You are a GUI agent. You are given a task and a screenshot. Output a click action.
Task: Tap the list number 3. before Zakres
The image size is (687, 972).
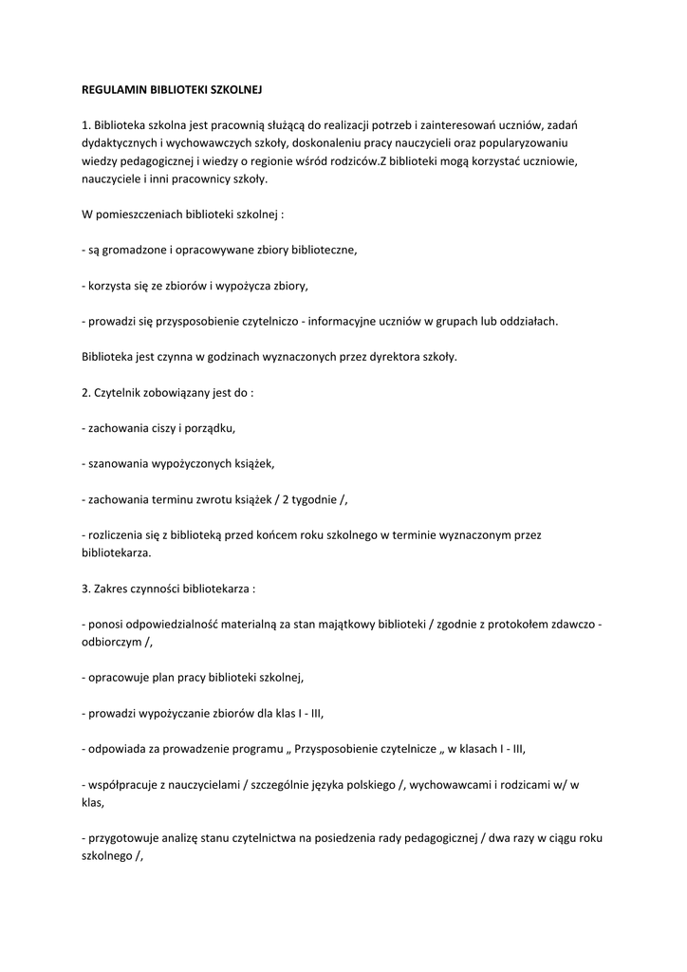(86, 589)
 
